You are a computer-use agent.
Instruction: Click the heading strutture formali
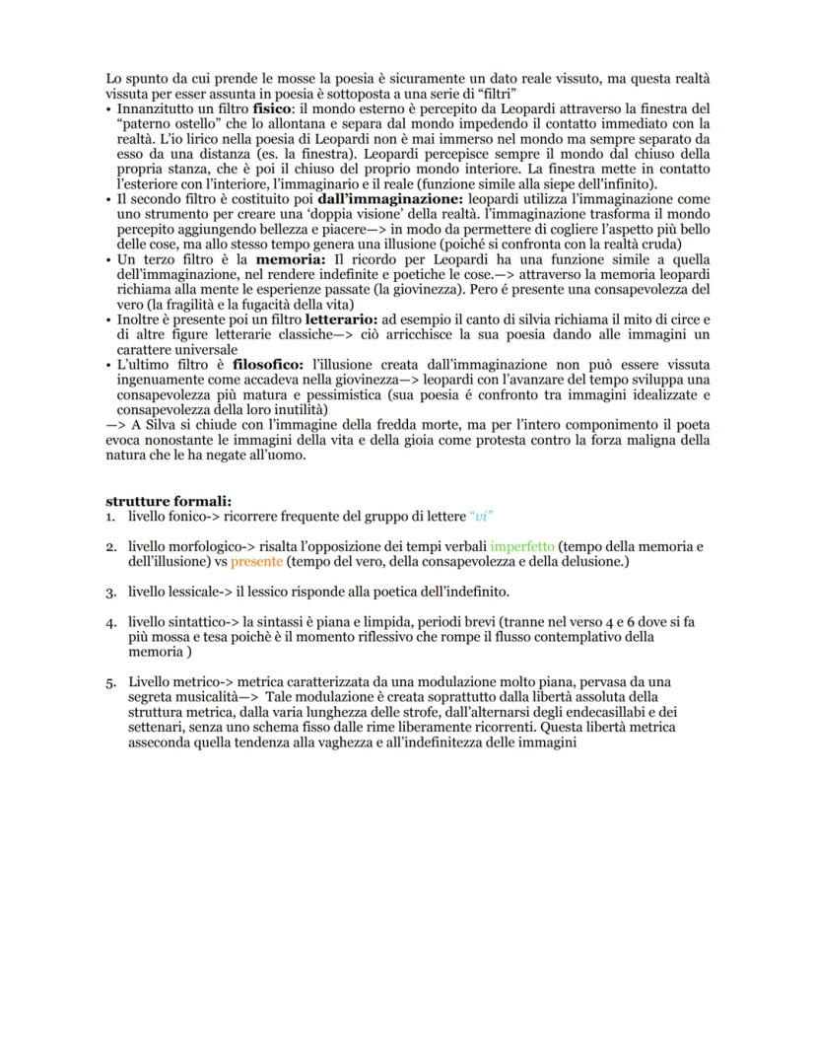pyautogui.click(x=169, y=501)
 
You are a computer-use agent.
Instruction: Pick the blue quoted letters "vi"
pyautogui.click(x=480, y=516)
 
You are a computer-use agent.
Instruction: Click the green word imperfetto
pyautogui.click(x=522, y=546)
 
